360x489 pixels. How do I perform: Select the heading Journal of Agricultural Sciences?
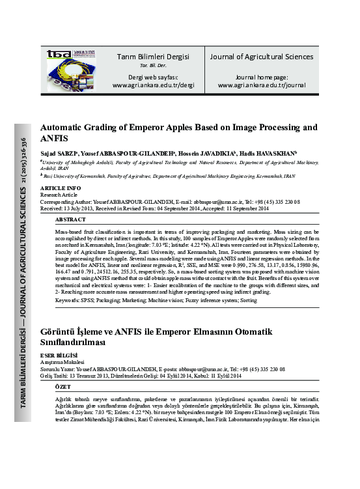click(261, 57)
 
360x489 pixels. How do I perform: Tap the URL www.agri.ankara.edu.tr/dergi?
click(153, 85)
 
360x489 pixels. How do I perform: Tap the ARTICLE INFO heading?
click(61, 188)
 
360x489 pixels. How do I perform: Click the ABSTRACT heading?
click(80, 220)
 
